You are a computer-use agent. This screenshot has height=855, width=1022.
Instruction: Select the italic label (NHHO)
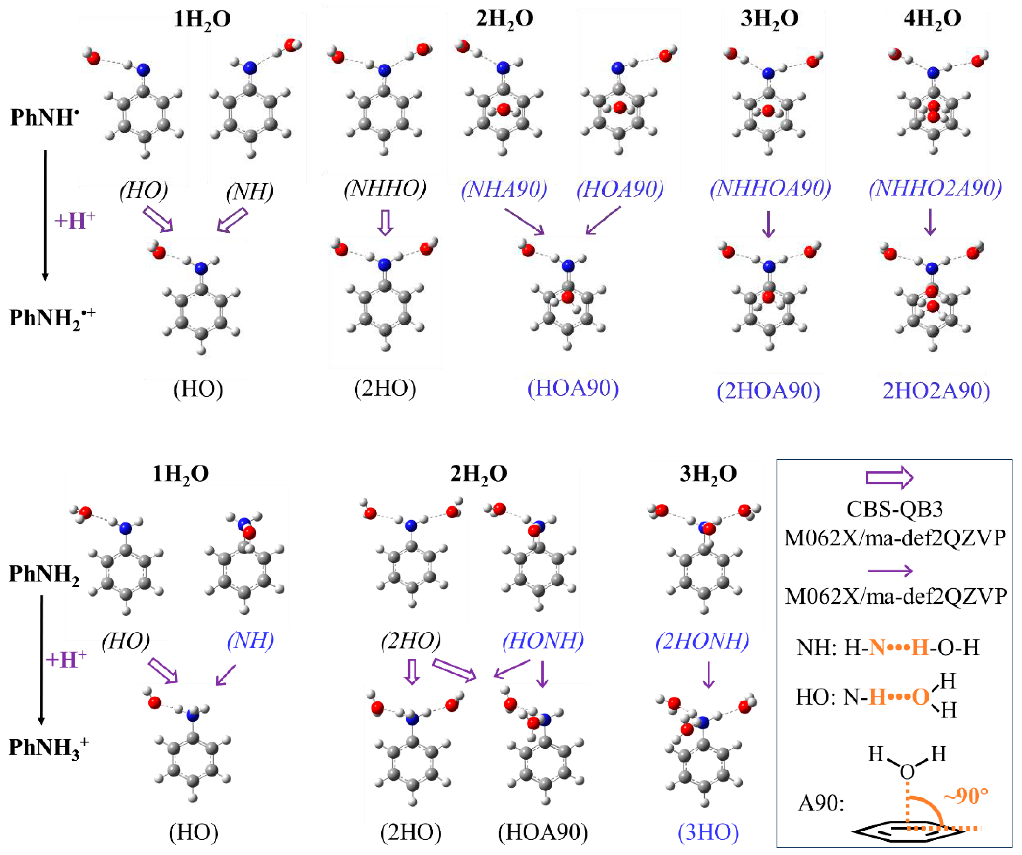[384, 189]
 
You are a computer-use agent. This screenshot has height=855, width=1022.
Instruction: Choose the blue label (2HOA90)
[768, 391]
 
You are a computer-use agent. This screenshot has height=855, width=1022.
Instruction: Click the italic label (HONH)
[543, 640]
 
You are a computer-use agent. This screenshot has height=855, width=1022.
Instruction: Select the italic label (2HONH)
[702, 640]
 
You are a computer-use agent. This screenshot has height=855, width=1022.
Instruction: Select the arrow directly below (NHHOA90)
[768, 224]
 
